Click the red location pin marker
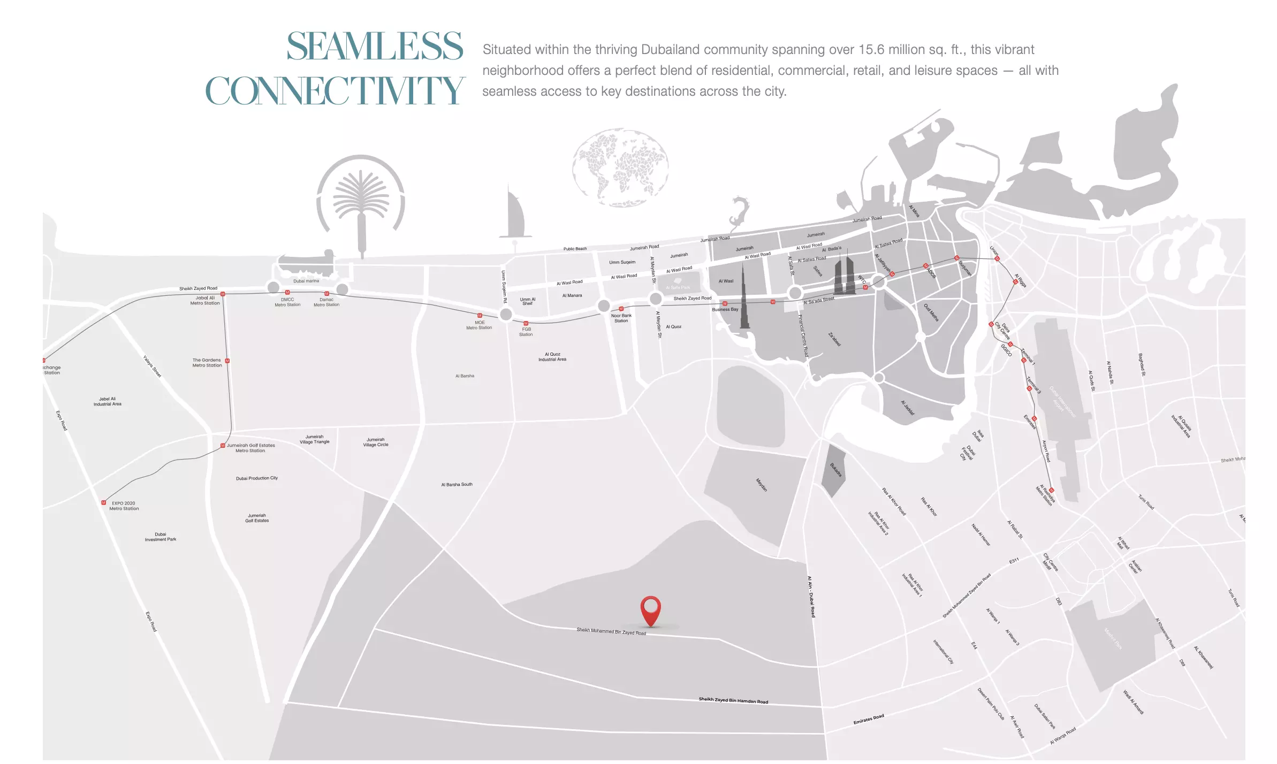(650, 609)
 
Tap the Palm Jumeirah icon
(361, 203)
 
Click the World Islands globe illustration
(620, 167)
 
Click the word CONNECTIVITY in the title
(335, 91)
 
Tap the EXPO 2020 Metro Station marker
(104, 502)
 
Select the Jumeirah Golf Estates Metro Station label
(250, 448)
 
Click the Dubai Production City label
(257, 478)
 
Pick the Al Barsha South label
(457, 484)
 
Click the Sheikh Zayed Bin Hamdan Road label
(733, 700)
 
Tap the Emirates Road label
(868, 719)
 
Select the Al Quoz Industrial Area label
(552, 357)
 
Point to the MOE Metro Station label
(479, 325)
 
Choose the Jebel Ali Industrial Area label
(107, 401)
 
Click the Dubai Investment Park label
(160, 537)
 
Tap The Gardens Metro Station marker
(227, 361)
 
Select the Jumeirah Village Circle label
(376, 442)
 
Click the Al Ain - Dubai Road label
(811, 596)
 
